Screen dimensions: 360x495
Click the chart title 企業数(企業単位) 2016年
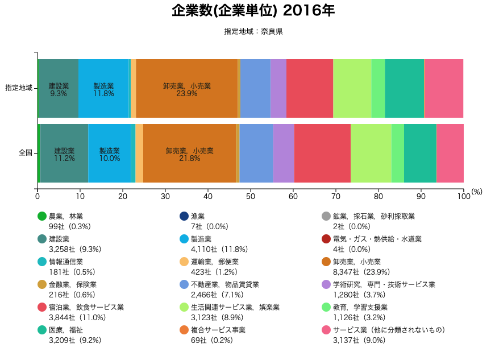pos(253,11)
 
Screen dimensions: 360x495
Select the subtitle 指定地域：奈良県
pos(253,32)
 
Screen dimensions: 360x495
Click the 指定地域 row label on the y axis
pos(19,88)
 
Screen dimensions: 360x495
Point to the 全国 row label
pos(26,152)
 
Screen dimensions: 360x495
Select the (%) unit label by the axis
pos(477,192)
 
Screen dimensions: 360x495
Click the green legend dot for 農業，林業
pos(41,216)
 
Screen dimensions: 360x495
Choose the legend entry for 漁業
pos(198,216)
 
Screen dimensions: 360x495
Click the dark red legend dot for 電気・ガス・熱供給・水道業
pos(326,239)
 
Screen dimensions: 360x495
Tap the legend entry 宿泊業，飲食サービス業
pos(86,307)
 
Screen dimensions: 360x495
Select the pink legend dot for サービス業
pos(326,330)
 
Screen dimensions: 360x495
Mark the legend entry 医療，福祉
pos(65,330)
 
